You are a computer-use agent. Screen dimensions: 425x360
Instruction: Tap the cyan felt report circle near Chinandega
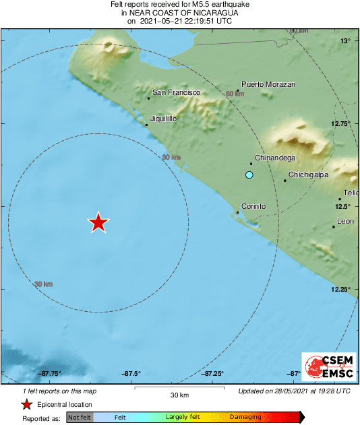coord(249,175)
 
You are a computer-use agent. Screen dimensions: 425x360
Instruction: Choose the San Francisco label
coord(177,92)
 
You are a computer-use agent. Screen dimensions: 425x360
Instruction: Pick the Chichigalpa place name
coord(308,175)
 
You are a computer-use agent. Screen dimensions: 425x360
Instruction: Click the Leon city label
coord(345,221)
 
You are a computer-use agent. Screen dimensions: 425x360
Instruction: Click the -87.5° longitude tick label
coord(131,374)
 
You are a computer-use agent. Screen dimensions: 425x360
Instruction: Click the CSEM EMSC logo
coord(326,367)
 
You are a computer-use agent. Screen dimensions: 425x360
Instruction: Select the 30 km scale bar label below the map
coord(179,395)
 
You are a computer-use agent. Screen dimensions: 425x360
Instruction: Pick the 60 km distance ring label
coord(235,94)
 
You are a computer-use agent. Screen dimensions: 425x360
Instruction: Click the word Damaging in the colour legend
coord(245,418)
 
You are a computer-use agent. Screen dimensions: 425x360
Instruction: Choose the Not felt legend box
coord(80,418)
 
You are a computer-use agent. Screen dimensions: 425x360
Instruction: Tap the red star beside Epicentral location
coord(26,405)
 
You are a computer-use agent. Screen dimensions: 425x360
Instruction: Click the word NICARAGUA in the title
coord(207,12)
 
